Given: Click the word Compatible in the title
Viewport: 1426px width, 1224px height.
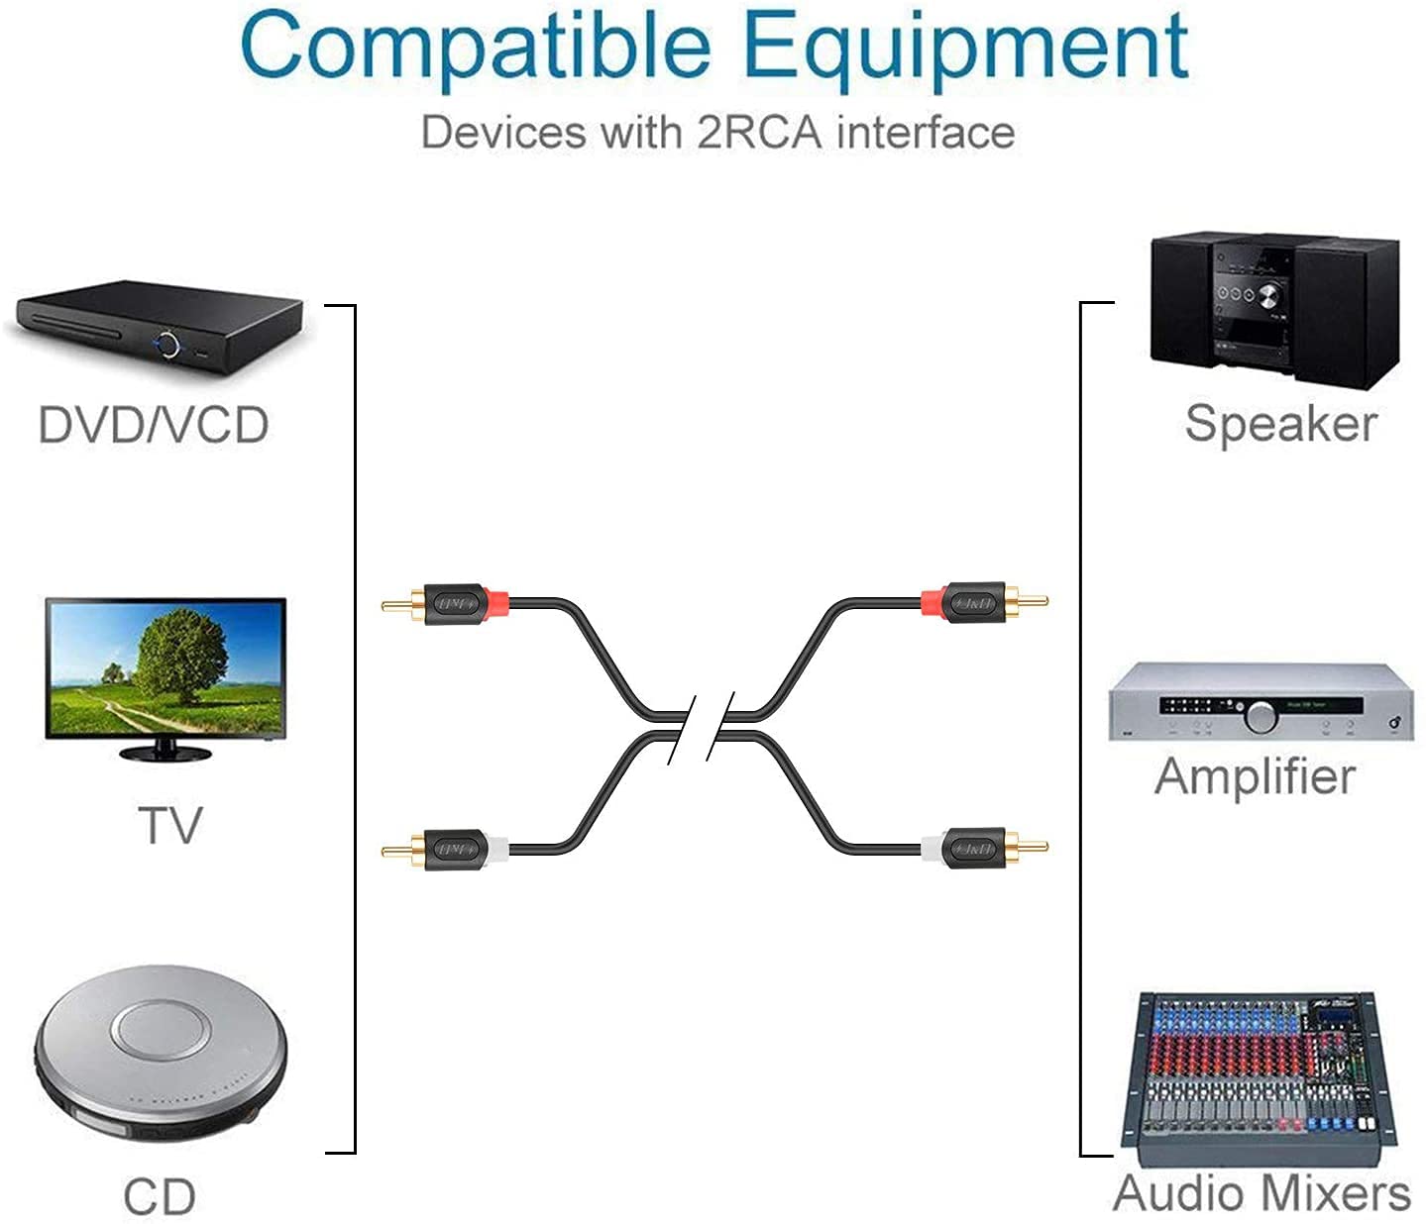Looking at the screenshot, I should coord(476,48).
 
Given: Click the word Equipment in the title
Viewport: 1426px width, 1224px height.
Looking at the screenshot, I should coord(966,48).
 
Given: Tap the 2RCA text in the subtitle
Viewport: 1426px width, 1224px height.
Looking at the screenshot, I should coord(759,133).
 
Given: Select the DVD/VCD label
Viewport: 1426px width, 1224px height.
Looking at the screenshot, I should coord(154,425).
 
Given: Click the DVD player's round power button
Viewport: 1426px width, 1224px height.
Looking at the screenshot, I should coord(167,345).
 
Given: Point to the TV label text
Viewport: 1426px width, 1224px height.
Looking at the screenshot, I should coord(169,825).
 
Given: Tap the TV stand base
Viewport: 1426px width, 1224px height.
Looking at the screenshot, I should coord(165,753).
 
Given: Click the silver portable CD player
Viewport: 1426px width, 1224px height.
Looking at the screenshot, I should coord(162,1052).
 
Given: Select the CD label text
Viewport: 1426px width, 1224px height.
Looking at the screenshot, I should coord(159,1196).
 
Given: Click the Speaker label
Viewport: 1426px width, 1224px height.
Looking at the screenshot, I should coord(1280,424).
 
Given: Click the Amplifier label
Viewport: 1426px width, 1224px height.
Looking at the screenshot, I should coord(1255,776).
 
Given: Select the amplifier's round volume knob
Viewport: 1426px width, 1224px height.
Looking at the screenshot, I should coord(1261,716).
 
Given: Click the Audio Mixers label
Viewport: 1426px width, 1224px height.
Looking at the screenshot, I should coord(1261,1192).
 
